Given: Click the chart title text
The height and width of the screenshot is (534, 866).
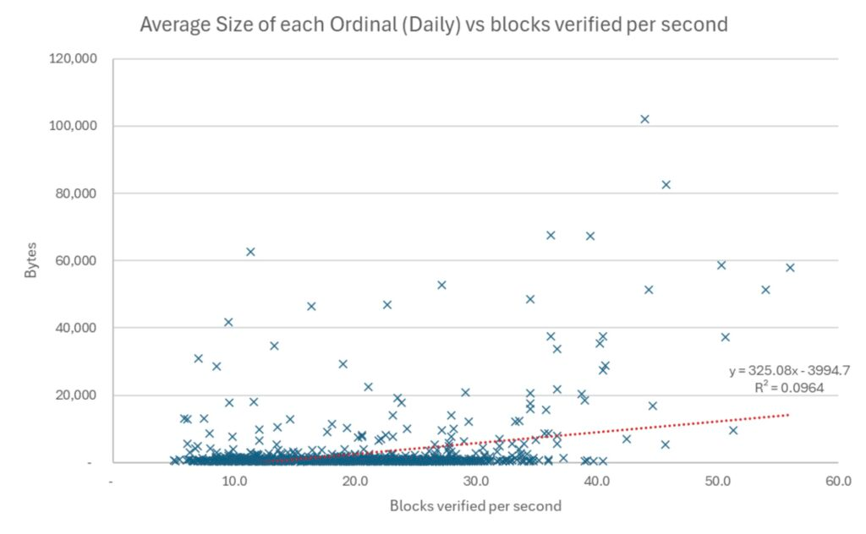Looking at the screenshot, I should coord(433,25).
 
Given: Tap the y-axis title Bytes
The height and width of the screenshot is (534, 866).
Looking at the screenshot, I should coord(31,261).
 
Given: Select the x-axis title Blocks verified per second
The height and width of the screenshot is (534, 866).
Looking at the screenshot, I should coord(475,506).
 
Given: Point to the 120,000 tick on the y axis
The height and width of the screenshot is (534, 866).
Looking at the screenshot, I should coord(74,59).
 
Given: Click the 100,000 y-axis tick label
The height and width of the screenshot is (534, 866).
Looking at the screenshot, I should coord(74,126).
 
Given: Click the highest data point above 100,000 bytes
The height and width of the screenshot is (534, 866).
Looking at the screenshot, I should coord(644,119).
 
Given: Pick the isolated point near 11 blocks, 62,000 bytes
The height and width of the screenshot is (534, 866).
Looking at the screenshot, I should coord(250,252).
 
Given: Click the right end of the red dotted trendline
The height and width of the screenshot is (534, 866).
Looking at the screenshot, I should coord(788,415).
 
